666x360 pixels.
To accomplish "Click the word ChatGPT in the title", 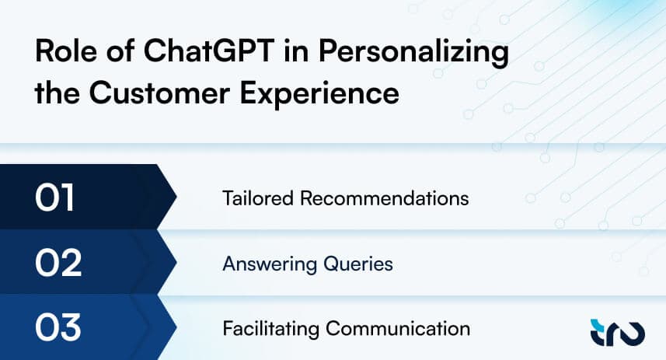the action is pos(209,51).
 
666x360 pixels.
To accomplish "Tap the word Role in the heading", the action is pos(66,51).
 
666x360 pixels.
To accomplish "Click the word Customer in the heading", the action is pos(160,93).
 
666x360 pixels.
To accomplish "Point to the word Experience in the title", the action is pos(320,94).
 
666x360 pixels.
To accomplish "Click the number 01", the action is pos(55,197).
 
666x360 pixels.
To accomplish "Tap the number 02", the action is pos(58,263).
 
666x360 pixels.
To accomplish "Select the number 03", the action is pos(58,327).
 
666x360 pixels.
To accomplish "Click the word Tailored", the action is pos(258,198).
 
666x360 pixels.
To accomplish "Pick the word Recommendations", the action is pos(385,198).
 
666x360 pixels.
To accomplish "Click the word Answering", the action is pos(270,264).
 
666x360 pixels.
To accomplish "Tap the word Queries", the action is pos(358,264).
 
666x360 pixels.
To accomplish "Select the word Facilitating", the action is pos(270,329).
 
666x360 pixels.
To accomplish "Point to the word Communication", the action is pos(398,329).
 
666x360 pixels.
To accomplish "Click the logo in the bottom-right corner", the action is pos(618,332).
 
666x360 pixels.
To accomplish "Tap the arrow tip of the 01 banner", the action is pos(176,197).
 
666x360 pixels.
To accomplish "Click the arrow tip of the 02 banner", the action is pos(176,262).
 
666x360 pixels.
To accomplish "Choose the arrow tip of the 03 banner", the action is pos(176,327).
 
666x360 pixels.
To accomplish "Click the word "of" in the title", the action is pos(120,51).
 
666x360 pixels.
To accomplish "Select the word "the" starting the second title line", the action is pos(58,93).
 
